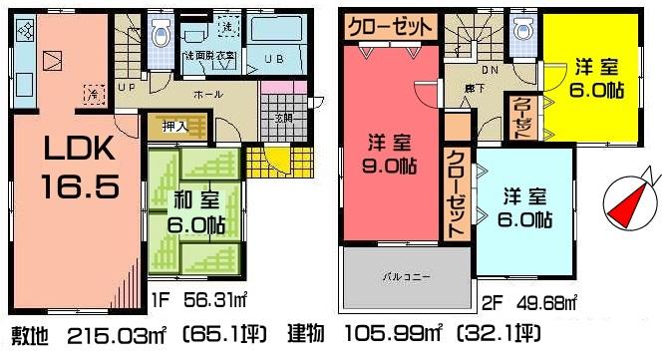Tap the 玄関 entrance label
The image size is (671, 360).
tap(283, 118)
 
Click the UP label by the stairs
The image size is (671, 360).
tap(127, 87)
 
